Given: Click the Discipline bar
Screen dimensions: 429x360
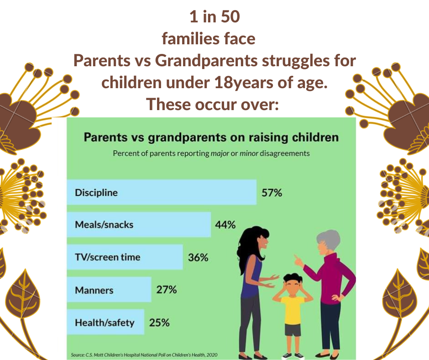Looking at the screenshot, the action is (162, 192).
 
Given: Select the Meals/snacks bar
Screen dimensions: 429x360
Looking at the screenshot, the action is (139, 224).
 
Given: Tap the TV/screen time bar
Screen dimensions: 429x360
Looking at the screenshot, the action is (125, 257).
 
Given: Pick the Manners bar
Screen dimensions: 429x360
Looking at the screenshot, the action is (109, 290).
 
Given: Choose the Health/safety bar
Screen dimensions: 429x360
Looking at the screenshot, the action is (105, 322).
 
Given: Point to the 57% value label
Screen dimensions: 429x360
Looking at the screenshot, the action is (272, 193).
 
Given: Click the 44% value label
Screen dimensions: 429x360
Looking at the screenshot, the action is (225, 225).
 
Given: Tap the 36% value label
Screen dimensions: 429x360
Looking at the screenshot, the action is (198, 258).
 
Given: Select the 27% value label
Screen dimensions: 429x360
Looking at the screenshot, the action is (166, 290).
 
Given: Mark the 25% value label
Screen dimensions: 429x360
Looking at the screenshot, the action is (159, 323).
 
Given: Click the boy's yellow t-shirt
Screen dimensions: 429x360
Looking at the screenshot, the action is (293, 310).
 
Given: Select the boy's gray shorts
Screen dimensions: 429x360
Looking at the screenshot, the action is (293, 329).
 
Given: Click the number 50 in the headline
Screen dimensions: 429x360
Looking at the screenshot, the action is (230, 16).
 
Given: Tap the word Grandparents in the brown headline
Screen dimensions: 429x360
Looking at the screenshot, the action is (206, 61).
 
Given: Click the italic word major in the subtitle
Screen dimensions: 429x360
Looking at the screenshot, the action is (220, 154).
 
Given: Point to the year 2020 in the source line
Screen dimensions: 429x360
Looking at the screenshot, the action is (212, 355).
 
